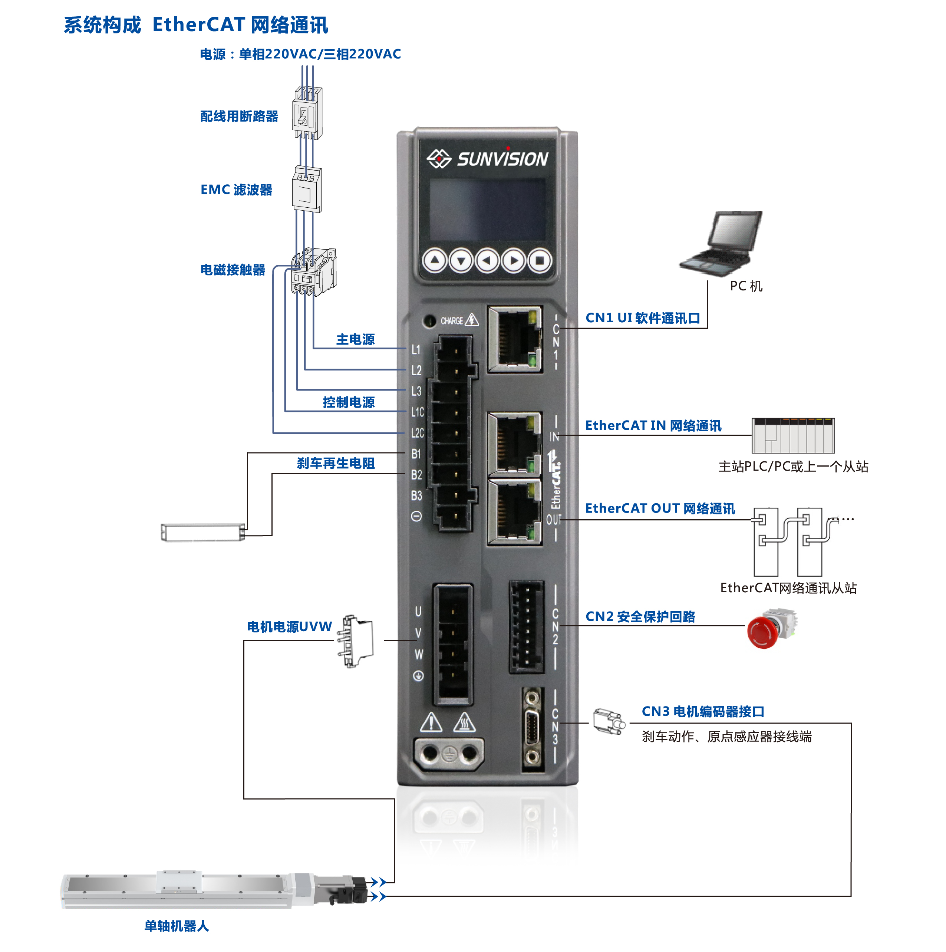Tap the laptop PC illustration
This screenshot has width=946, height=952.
coord(722,241)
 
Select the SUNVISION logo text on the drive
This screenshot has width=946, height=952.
coord(502,159)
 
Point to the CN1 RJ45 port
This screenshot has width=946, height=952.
coord(515,339)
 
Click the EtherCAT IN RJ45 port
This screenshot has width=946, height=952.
coord(515,444)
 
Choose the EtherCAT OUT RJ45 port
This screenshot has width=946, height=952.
coord(515,513)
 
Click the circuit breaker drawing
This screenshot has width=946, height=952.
coord(307,113)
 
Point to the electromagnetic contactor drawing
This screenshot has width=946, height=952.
coord(313,271)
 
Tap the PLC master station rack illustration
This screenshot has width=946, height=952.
coord(793,436)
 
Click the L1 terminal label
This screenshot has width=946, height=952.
coord(416,349)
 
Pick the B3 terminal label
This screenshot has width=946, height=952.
coord(416,495)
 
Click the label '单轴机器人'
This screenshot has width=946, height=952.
coord(177,926)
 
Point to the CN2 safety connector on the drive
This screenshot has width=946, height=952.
coord(526,626)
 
